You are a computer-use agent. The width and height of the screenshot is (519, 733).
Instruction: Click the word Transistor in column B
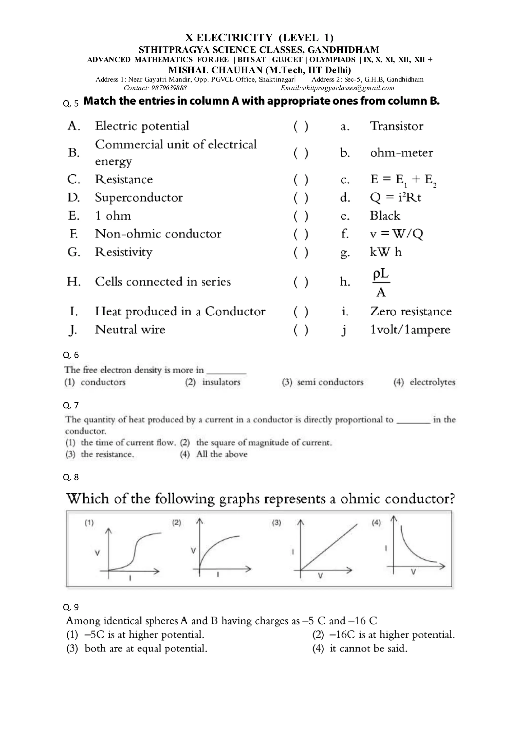pyautogui.click(x=396, y=126)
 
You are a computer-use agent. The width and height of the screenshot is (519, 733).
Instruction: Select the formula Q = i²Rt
pyautogui.click(x=395, y=198)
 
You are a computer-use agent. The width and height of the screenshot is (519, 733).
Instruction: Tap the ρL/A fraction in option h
pyautogui.click(x=381, y=282)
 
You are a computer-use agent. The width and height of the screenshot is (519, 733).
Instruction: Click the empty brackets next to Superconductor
pyautogui.click(x=301, y=198)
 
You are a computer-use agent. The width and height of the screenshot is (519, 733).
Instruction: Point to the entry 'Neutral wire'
pyautogui.click(x=130, y=330)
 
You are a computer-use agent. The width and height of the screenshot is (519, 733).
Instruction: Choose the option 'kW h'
pyautogui.click(x=385, y=252)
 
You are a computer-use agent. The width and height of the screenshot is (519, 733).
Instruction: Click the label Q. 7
pyautogui.click(x=71, y=405)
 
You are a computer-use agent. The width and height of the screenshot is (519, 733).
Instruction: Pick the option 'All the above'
pyautogui.click(x=222, y=454)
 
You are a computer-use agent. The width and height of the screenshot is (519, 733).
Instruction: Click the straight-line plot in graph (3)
pyautogui.click(x=329, y=546)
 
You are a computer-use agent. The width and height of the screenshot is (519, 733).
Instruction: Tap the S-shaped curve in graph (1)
pyautogui.click(x=136, y=550)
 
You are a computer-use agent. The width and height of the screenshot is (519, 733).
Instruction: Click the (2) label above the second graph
pyautogui.click(x=176, y=523)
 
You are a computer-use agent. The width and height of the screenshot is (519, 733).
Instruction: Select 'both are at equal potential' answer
pyautogui.click(x=146, y=648)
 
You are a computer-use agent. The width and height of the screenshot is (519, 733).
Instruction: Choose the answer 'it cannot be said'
pyautogui.click(x=368, y=648)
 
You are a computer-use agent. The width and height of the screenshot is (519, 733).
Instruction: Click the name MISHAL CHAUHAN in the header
pyautogui.click(x=215, y=70)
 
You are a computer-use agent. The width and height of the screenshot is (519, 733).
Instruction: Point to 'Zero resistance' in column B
pyautogui.click(x=411, y=311)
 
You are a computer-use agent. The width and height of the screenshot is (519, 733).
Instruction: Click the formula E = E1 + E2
pyautogui.click(x=403, y=180)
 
